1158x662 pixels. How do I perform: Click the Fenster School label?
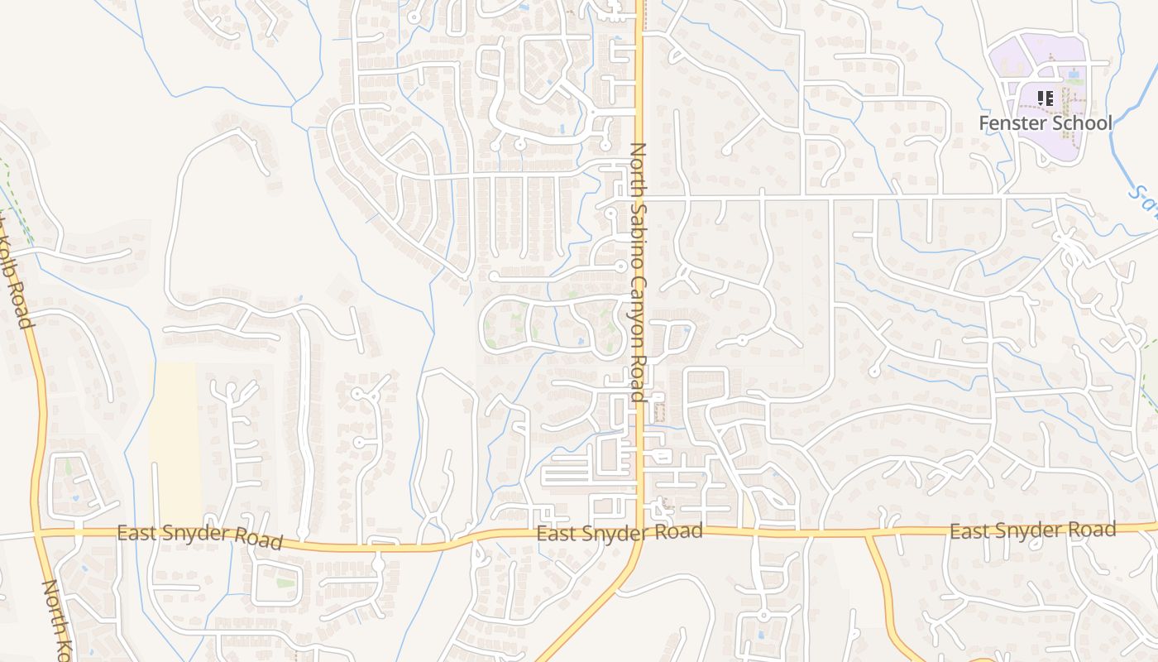tap(1046, 123)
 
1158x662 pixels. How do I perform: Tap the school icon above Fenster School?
tap(1046, 98)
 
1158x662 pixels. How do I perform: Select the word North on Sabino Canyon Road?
tap(638, 170)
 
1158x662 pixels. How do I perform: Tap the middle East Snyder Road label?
tap(620, 532)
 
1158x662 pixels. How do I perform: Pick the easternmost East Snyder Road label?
tap(1032, 530)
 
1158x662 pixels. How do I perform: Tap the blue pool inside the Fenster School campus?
tap(1074, 74)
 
